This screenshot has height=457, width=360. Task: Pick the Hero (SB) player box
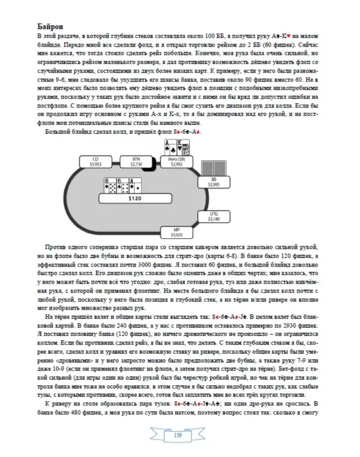[176, 162]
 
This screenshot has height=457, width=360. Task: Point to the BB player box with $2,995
[214, 182]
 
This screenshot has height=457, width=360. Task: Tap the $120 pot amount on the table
[135, 199]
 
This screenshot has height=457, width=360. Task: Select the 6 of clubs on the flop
[122, 186]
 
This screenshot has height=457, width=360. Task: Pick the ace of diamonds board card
[135, 186]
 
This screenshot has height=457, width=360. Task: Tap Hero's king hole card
[183, 148]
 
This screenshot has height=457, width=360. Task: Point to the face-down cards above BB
[214, 168]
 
